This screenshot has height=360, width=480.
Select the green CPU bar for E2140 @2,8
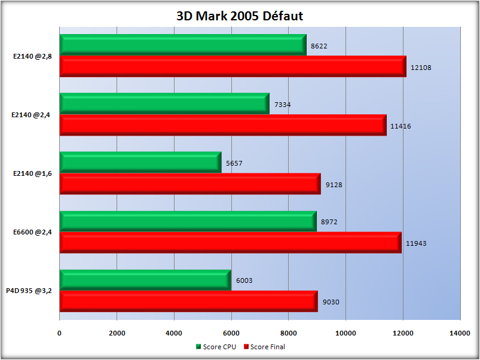point(182,45)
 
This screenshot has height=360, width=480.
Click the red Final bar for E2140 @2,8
point(233,66)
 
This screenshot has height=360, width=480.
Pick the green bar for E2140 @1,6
point(140,163)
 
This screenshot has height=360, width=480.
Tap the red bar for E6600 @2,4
point(230,242)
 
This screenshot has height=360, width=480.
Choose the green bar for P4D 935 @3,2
point(145,280)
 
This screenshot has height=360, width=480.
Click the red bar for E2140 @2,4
point(223,125)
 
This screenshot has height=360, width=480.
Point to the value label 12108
point(421,68)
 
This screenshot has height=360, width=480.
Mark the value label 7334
point(282,105)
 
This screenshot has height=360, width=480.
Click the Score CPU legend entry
point(216,346)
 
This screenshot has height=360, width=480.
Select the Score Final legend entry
point(265,346)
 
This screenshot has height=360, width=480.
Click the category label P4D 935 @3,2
point(29,291)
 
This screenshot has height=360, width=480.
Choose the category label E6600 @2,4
point(32,233)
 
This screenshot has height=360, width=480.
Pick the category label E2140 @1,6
point(32,174)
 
